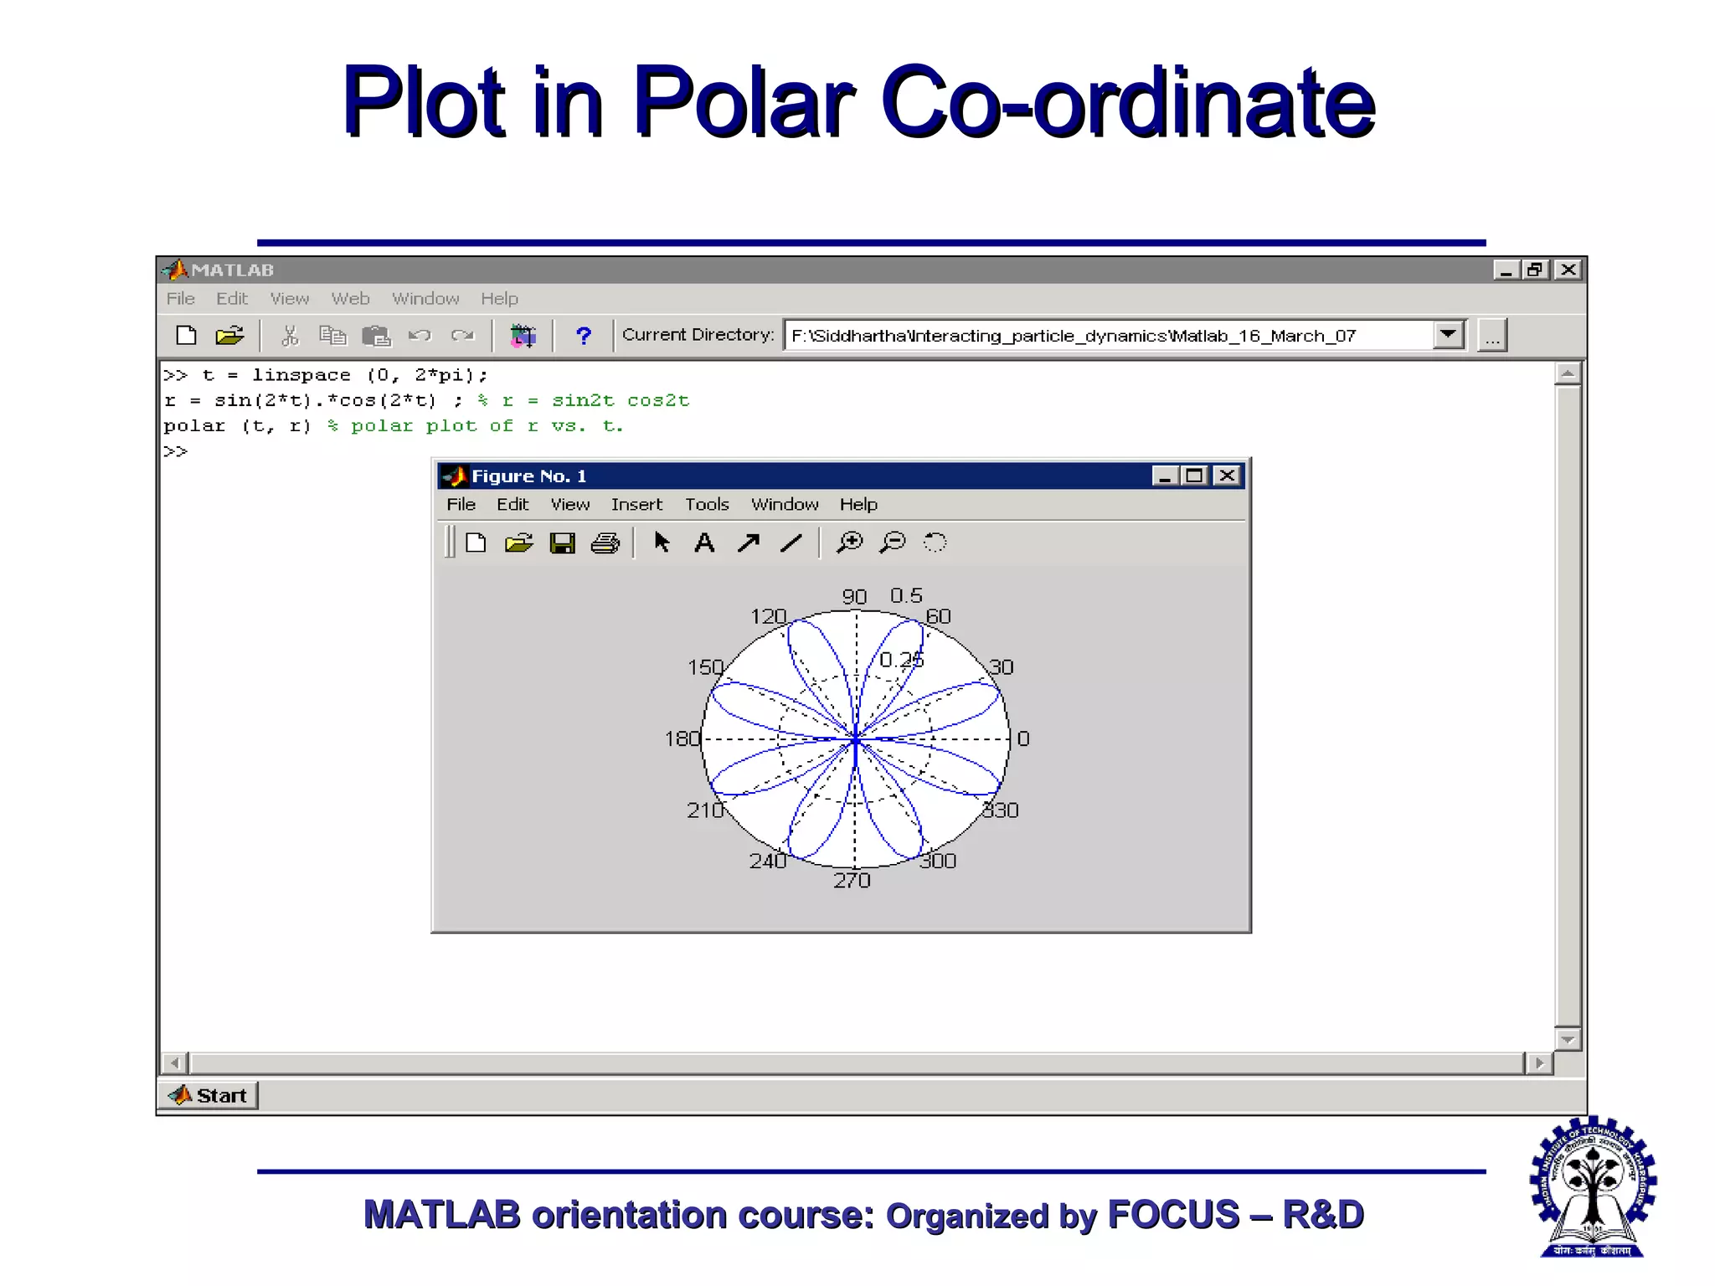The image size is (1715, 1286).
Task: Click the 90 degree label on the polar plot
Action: [x=853, y=596]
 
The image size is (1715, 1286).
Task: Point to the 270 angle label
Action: [x=852, y=880]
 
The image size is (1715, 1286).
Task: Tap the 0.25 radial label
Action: [x=901, y=660]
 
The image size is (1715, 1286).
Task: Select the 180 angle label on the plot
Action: [x=682, y=738]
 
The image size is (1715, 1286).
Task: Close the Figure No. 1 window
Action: [x=1227, y=476]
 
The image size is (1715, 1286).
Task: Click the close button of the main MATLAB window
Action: [x=1568, y=270]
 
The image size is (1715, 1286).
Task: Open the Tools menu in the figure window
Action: [x=707, y=504]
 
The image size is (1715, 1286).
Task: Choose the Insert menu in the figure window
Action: [x=636, y=504]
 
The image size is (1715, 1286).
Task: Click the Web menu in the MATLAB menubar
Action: [x=350, y=299]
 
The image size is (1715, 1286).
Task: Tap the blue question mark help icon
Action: [x=583, y=336]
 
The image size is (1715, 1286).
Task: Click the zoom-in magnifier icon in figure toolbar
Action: [x=849, y=543]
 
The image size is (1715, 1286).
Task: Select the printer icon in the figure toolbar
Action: [x=605, y=543]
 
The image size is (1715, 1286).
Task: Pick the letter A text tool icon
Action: [x=704, y=543]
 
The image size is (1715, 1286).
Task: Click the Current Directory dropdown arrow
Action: [x=1448, y=335]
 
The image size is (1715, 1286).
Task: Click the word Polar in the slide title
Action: [x=744, y=102]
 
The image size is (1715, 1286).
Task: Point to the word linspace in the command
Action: [x=301, y=375]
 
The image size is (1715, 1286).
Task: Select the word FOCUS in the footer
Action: [x=1172, y=1215]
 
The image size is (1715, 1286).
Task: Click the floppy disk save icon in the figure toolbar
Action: [x=562, y=543]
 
